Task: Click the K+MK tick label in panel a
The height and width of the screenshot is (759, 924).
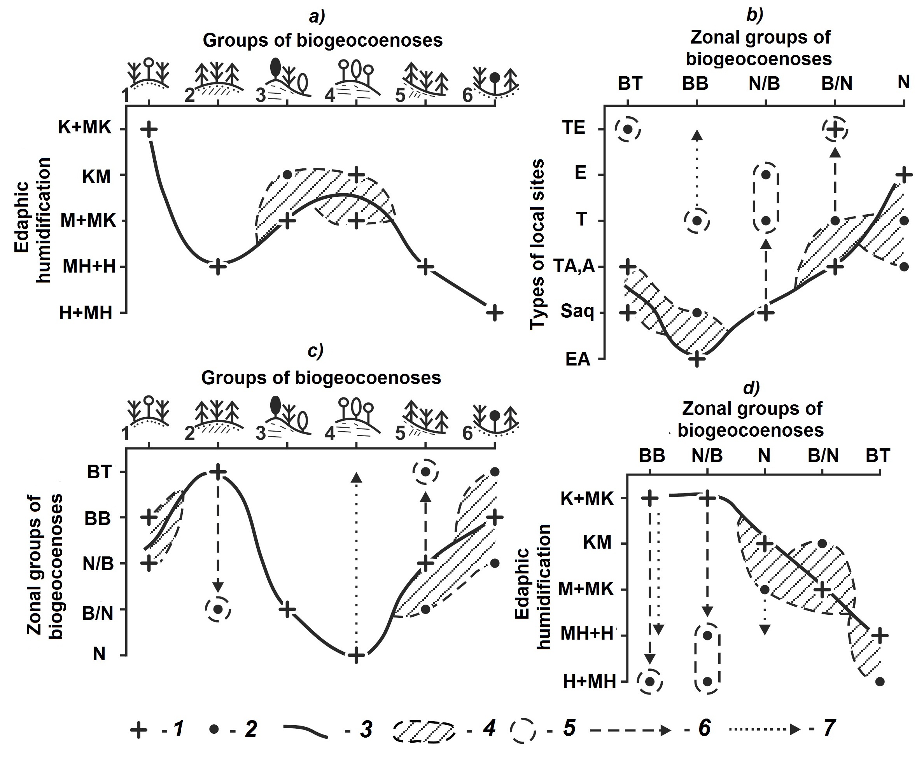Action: click(85, 128)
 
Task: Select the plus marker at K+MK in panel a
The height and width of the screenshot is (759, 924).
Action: click(149, 129)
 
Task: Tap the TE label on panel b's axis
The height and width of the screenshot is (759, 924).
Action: click(574, 128)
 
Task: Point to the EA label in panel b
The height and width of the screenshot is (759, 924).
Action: click(577, 359)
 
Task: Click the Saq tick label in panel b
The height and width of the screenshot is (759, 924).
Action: click(577, 312)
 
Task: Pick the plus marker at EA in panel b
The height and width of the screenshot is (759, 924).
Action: click(697, 359)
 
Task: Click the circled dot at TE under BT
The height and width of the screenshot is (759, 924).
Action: click(628, 129)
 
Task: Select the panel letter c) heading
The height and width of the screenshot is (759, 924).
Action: click(315, 351)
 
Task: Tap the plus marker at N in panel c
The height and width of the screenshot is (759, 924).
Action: click(356, 656)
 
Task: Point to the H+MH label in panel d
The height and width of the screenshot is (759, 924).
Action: click(589, 682)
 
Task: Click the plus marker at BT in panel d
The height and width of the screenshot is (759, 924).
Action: click(880, 635)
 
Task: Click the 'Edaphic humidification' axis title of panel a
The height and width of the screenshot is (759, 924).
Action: click(32, 220)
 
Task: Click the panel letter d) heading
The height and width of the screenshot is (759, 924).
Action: click(751, 387)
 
